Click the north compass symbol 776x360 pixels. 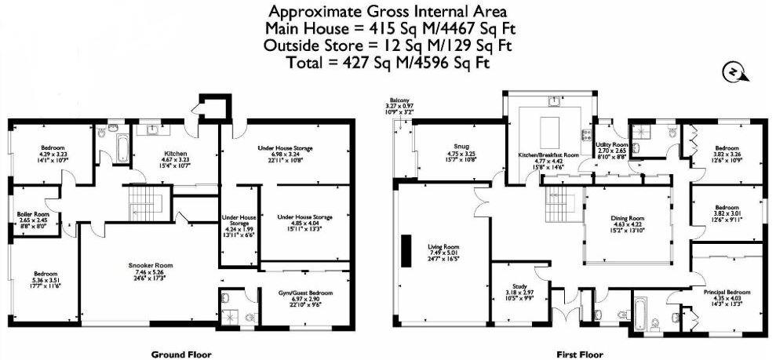tap(730, 72)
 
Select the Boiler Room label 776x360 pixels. tap(34, 213)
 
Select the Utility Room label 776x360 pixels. tap(613, 146)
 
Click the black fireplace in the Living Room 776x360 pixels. tap(406, 250)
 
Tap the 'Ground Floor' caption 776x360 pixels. tap(182, 354)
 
